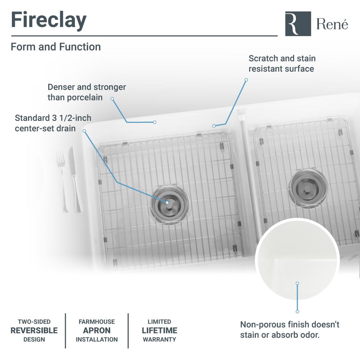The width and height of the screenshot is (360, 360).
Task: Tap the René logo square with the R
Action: [298, 24]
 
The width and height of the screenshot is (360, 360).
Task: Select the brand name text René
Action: [332, 24]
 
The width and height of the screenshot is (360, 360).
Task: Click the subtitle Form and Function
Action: [56, 47]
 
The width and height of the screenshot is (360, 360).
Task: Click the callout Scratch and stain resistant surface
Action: [282, 63]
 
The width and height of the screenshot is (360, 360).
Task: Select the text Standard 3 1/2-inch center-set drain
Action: [53, 123]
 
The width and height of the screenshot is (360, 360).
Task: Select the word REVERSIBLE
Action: [34, 330]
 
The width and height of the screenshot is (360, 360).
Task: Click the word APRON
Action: [96, 330]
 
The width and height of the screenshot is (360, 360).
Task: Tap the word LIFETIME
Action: [159, 330]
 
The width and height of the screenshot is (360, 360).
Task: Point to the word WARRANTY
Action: [159, 339]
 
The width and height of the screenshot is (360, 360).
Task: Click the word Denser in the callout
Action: [60, 87]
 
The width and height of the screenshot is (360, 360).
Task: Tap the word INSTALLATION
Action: [96, 339]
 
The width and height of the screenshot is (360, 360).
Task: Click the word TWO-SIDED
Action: [34, 321]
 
